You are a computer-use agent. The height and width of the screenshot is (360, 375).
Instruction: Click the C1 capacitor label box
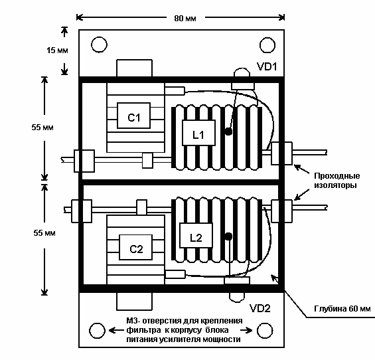133,116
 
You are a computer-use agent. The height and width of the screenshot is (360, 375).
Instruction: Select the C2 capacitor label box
135,247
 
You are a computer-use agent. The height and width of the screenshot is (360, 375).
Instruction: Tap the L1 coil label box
198,133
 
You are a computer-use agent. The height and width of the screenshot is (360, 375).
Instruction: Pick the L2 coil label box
196,236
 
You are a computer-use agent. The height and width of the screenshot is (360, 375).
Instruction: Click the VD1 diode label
267,66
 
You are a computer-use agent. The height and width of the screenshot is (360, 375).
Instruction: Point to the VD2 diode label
260,308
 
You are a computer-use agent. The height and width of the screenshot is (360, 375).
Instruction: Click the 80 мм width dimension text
185,19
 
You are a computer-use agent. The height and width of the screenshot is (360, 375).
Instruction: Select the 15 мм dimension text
57,50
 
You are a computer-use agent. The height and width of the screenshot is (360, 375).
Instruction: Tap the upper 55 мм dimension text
42,127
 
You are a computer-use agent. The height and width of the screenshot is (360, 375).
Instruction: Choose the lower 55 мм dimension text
44,232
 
